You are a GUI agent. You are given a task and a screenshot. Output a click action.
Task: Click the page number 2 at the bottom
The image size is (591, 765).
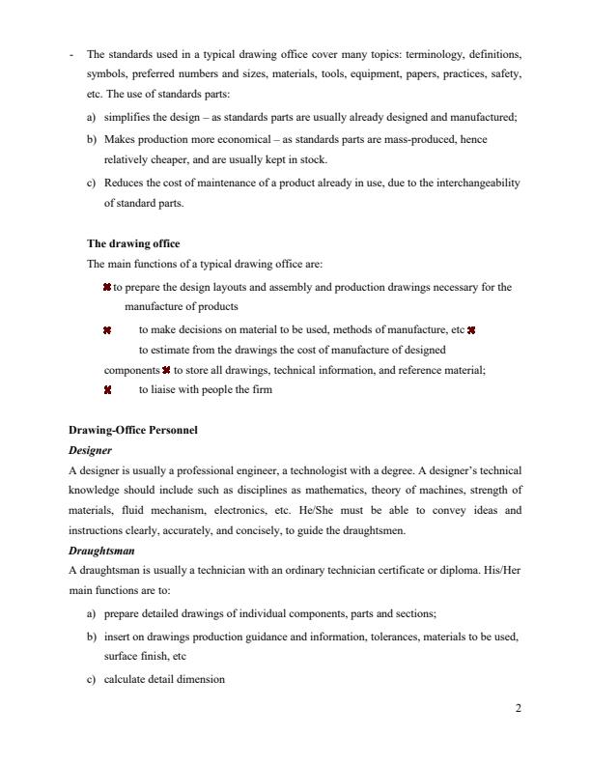pyautogui.click(x=518, y=708)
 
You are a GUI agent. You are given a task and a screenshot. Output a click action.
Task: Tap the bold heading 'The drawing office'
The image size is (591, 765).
pyautogui.click(x=133, y=243)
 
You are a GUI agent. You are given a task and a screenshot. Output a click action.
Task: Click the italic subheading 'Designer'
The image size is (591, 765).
pyautogui.click(x=90, y=450)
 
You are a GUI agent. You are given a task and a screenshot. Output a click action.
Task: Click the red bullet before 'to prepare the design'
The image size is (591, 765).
pyautogui.click(x=106, y=287)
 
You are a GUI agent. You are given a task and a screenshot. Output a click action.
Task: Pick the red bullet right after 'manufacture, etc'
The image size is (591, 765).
pyautogui.click(x=472, y=329)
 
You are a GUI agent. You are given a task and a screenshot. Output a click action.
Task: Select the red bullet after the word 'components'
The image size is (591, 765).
pyautogui.click(x=167, y=370)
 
